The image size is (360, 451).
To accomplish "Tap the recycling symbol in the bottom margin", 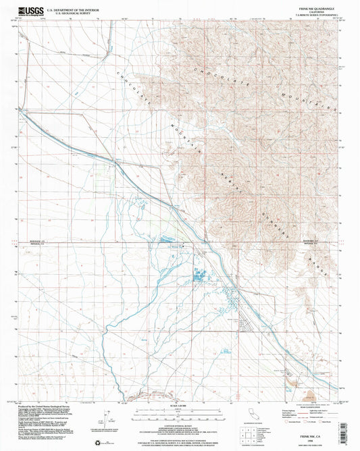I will click(x=103, y=443).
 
